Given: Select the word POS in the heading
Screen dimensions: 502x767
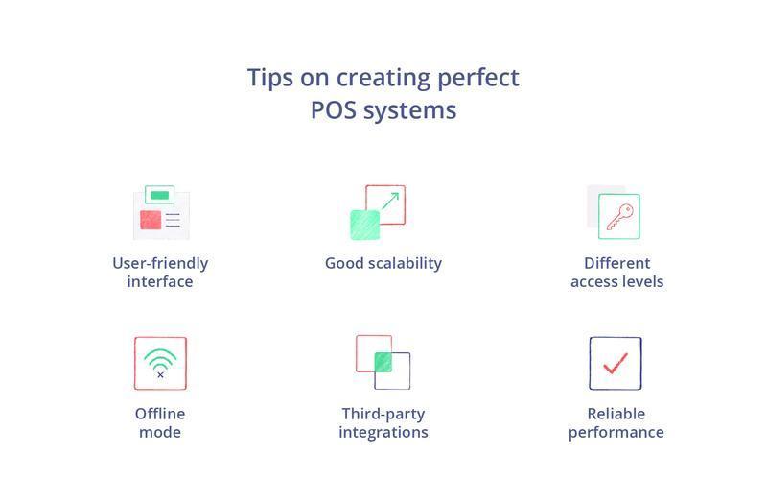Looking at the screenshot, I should [333, 109].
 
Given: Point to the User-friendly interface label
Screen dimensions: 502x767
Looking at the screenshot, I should [160, 272].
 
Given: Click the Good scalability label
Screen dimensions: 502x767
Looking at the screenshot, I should [383, 263].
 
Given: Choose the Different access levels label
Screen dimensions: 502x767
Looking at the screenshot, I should [616, 272].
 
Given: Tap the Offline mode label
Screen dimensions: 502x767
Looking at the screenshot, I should [160, 422].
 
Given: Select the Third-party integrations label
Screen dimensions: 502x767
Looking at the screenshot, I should [383, 422].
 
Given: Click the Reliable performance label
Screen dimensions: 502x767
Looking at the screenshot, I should [616, 422].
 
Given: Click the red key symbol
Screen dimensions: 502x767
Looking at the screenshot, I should [619, 216].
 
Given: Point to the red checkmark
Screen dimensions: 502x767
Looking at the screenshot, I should [616, 363].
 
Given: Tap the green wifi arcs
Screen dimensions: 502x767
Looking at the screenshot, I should [160, 359].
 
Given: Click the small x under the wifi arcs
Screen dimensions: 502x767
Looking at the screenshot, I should [160, 375].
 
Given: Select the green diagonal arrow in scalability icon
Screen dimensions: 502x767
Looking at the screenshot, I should [389, 201].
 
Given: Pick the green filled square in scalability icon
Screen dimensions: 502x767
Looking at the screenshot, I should [364, 225].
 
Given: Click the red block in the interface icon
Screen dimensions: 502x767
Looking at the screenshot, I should [151, 220].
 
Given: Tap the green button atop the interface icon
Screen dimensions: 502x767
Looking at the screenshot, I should [160, 195].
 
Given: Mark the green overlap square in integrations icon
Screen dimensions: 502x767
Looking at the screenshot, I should [383, 362].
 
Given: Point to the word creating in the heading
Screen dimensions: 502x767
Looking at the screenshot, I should [370, 77].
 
